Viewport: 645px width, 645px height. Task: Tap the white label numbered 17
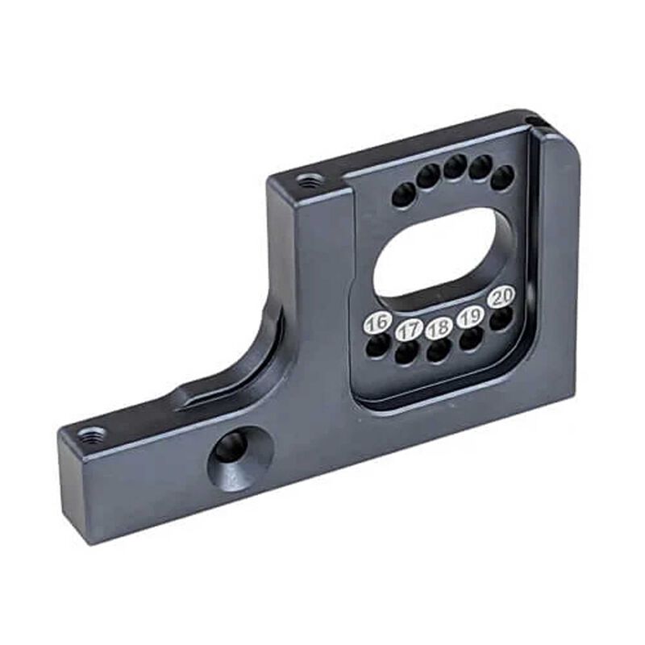410,329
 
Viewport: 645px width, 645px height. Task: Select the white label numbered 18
439,328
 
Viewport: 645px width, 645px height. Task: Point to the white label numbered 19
470,317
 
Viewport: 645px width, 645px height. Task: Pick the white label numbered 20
502,297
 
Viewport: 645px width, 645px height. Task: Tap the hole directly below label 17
408,352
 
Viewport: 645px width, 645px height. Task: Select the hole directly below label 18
439,351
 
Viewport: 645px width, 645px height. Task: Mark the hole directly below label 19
471,339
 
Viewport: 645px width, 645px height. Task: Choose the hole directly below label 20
501,318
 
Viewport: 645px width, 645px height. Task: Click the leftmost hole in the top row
403,194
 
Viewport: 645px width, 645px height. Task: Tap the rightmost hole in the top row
502,178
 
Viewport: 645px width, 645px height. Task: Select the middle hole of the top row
455,167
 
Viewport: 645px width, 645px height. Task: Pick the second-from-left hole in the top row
429,175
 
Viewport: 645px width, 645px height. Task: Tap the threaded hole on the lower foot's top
92,436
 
